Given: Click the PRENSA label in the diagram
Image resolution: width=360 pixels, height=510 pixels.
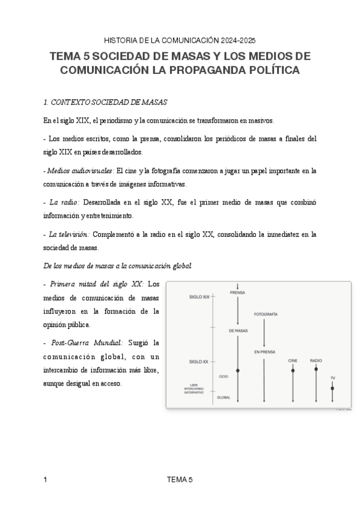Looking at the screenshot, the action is point(238,293).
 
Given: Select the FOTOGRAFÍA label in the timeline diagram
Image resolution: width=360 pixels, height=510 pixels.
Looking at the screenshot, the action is point(265,315).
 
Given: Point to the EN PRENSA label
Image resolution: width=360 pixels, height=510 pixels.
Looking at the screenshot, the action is point(264,352).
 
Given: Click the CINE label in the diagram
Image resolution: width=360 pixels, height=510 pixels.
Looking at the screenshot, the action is point(293,360).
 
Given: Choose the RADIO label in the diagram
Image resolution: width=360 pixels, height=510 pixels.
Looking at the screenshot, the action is point(316,360).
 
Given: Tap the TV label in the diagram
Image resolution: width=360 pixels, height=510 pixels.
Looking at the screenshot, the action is point(332,378).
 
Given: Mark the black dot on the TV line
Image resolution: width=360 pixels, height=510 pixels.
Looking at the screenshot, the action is point(332,389).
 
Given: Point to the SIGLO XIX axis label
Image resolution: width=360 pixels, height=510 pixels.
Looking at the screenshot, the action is point(199,296).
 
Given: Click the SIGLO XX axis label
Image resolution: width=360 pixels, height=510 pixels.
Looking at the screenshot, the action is point(199,361).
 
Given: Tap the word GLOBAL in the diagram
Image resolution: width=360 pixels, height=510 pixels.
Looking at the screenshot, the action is point(224,397).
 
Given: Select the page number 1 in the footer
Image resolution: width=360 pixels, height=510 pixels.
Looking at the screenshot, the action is point(46,479).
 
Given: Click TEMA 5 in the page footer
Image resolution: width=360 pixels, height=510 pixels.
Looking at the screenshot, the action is point(180,479).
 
